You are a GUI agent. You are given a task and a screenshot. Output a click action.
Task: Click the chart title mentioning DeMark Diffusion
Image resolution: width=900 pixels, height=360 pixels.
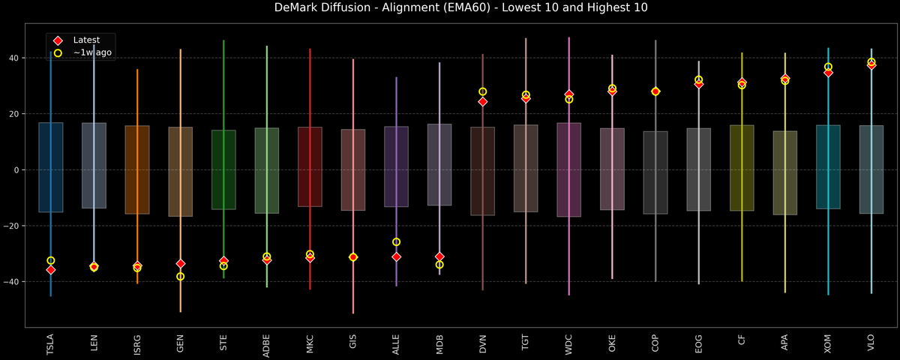click(x=449, y=8)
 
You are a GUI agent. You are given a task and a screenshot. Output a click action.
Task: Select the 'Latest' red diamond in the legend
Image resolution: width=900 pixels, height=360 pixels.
click(x=58, y=40)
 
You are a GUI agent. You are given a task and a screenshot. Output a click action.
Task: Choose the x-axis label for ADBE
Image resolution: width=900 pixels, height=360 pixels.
click(x=267, y=345)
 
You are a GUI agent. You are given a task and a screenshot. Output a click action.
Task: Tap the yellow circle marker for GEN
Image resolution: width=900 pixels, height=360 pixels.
click(x=180, y=277)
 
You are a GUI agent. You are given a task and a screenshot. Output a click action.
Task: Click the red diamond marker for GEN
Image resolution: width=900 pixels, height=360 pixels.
click(x=180, y=264)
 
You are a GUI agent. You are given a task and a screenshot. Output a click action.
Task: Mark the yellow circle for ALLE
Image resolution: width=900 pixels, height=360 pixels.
click(x=397, y=242)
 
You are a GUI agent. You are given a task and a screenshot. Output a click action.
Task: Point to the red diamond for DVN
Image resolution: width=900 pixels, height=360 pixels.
click(x=483, y=101)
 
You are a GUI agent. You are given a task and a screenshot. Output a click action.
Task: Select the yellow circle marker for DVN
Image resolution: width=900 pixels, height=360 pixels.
click(x=483, y=91)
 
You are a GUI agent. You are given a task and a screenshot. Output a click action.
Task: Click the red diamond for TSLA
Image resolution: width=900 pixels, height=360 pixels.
click(x=50, y=270)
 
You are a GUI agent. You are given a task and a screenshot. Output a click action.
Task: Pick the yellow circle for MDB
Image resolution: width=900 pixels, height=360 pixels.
click(x=439, y=265)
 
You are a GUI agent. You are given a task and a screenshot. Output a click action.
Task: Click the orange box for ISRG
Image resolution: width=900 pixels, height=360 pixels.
click(x=137, y=169)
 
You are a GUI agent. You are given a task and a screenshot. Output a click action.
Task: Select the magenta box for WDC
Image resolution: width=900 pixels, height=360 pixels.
click(x=569, y=169)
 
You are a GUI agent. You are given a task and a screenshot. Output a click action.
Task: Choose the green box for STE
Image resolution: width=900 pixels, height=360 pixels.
click(x=223, y=169)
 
